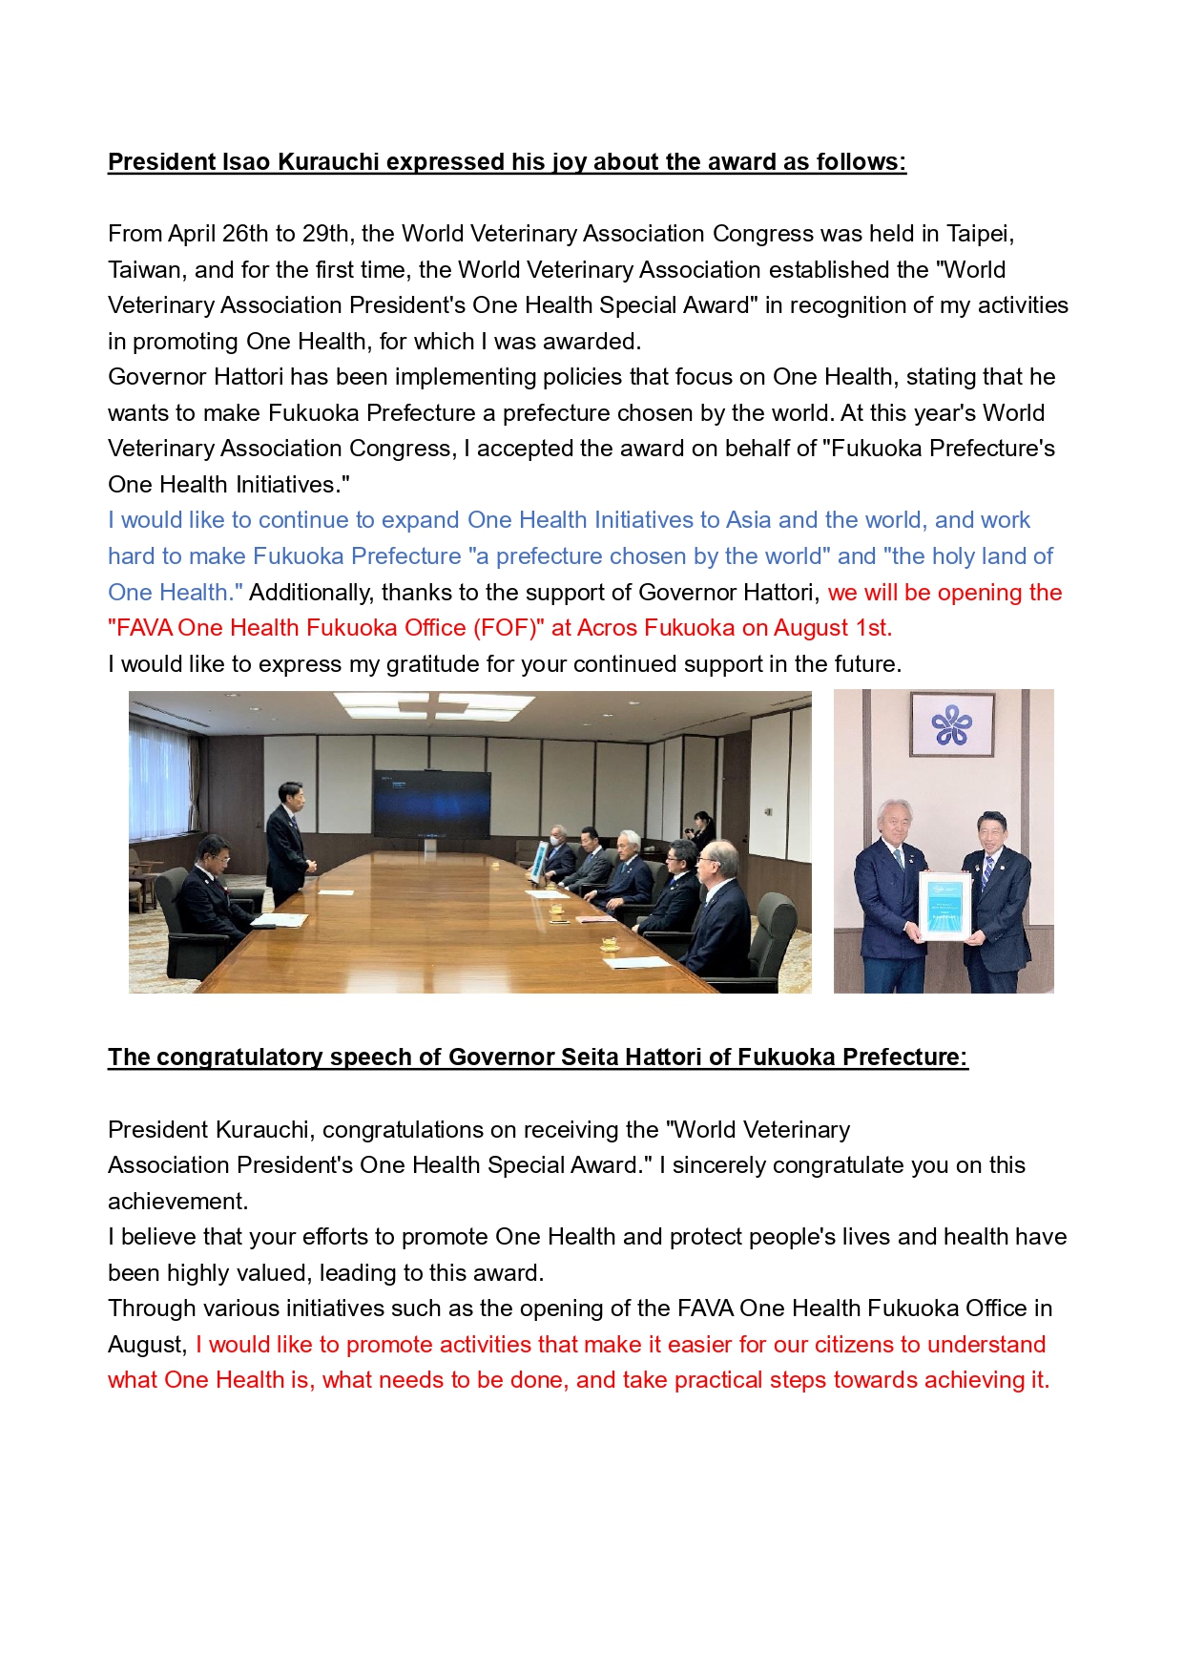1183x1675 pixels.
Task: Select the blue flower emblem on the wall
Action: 951,725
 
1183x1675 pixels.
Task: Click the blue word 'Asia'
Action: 748,520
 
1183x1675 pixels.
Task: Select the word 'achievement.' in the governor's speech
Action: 177,1202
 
